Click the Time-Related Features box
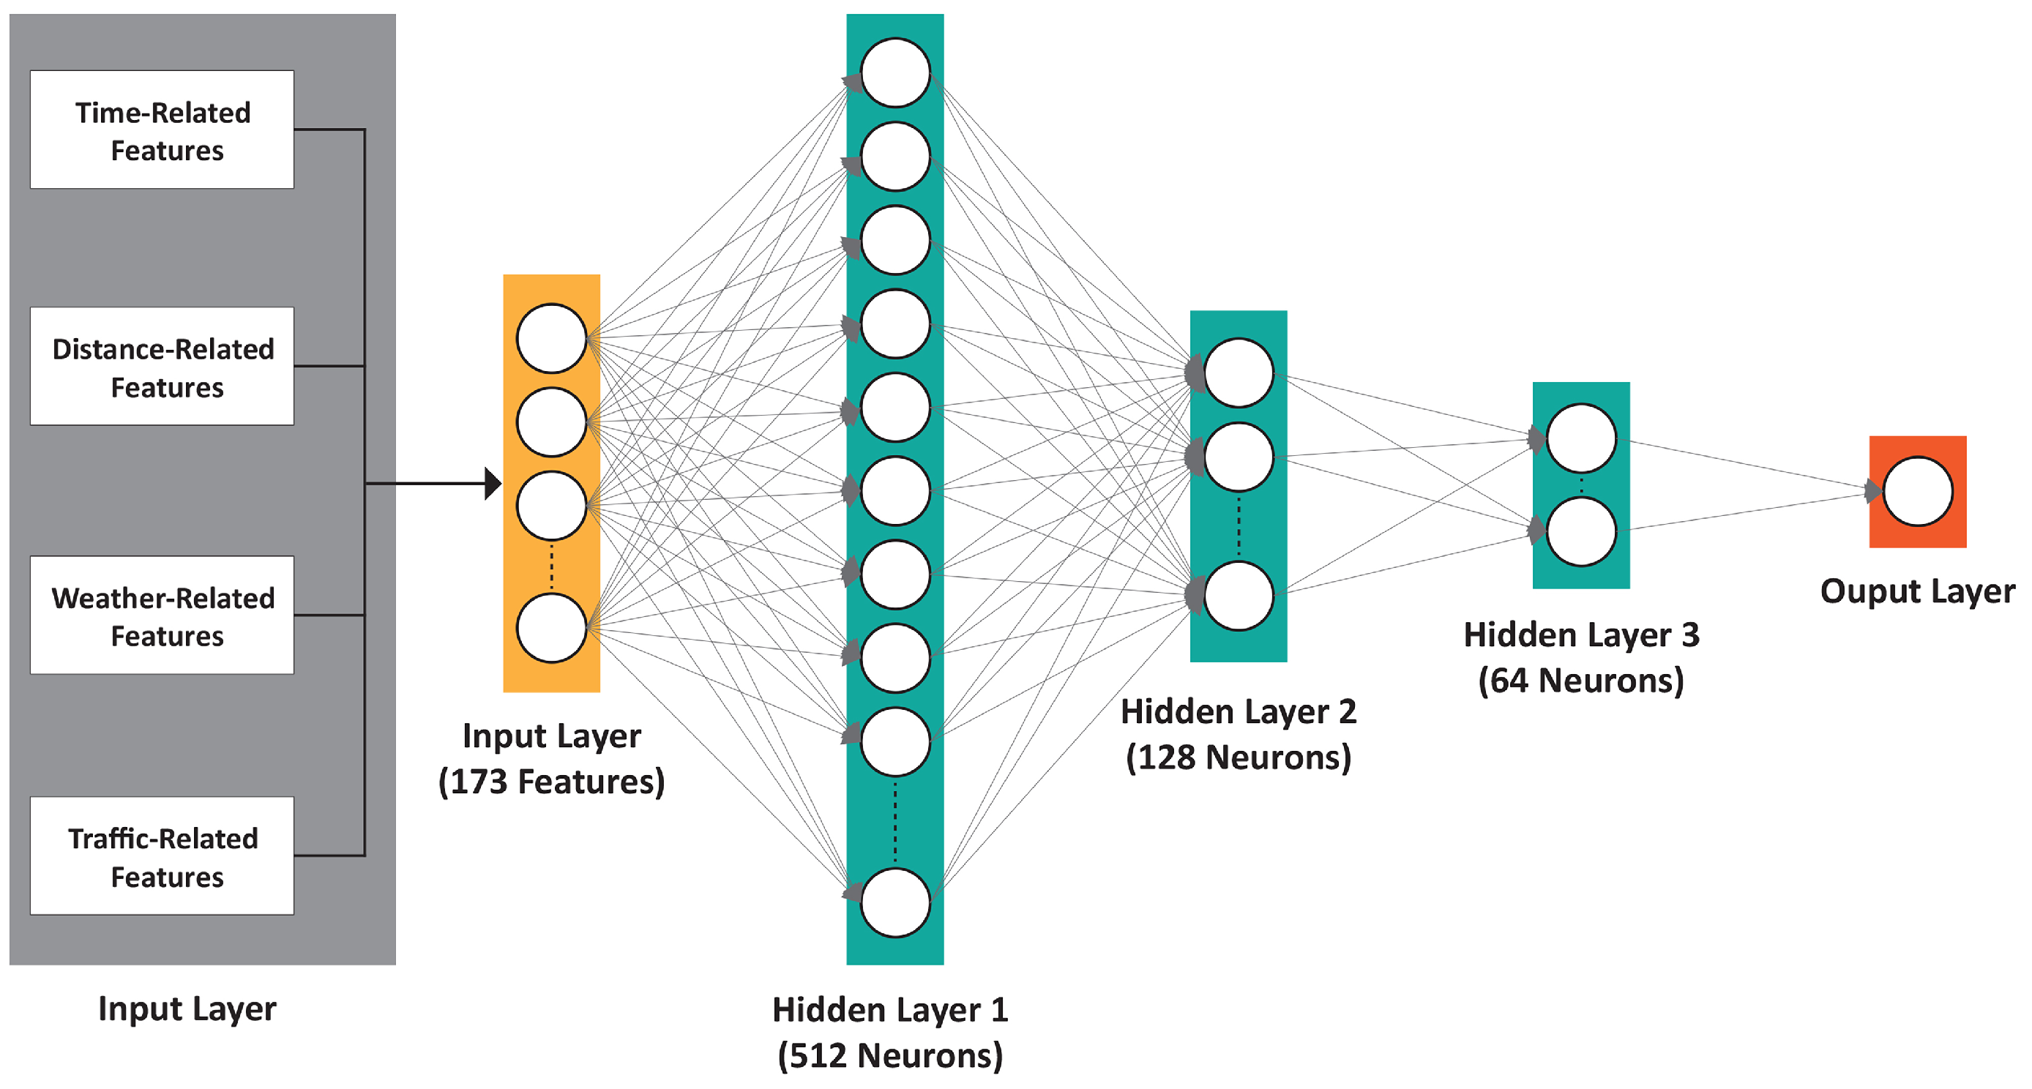pos(162,130)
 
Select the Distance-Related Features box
pos(162,367)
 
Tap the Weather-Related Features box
pos(162,616)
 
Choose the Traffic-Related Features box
pos(162,856)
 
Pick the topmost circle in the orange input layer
pos(551,338)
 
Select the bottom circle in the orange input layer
pos(551,629)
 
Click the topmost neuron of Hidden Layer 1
pos(895,72)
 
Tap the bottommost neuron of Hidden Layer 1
pos(895,903)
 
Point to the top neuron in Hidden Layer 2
pos(1239,373)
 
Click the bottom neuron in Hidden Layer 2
pos(1239,596)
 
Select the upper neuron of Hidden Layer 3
pos(1582,438)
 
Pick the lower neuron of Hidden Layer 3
pos(1582,531)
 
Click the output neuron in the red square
pos(1918,491)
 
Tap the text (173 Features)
pos(551,782)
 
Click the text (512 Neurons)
pos(891,1056)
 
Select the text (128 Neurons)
pos(1239,757)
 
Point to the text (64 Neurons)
pos(1581,681)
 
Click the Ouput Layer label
pos(1917,591)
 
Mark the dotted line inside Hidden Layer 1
pos(895,823)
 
